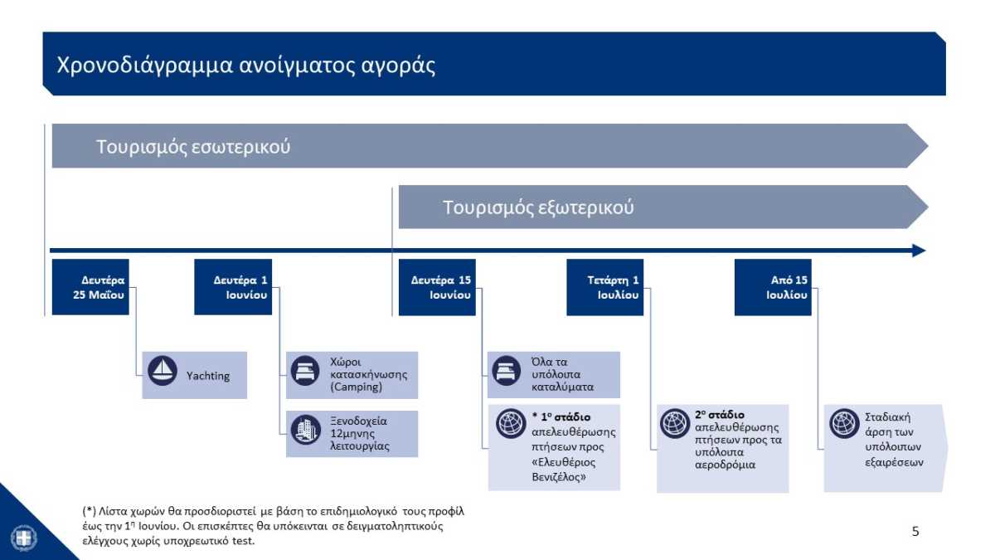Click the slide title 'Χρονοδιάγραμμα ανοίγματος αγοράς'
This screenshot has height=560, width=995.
(x=245, y=66)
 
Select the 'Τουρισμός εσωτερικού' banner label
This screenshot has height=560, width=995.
(x=193, y=147)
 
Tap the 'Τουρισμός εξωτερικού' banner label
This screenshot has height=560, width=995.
(x=538, y=207)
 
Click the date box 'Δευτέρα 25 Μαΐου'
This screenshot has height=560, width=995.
(x=90, y=287)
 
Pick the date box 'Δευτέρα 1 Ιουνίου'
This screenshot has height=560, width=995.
(x=233, y=287)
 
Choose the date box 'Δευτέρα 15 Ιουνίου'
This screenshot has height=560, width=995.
(x=437, y=287)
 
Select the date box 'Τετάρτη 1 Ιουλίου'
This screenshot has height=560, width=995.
(x=605, y=287)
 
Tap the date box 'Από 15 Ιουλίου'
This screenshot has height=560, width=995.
(x=773, y=287)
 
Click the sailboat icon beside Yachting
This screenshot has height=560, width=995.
(x=163, y=371)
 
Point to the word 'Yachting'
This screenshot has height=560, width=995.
(x=208, y=376)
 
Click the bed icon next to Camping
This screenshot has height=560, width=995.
(x=305, y=371)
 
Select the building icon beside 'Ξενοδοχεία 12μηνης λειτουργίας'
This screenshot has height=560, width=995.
(x=306, y=430)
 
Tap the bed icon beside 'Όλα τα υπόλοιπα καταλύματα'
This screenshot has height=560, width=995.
(x=507, y=371)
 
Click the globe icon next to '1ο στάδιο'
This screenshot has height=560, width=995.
(x=511, y=424)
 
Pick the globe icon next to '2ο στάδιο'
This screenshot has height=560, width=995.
(x=675, y=424)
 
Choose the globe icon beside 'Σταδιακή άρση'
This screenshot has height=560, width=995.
(x=844, y=424)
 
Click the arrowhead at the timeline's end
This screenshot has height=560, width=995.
(x=919, y=251)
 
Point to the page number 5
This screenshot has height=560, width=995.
(x=915, y=531)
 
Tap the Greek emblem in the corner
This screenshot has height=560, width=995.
(x=23, y=538)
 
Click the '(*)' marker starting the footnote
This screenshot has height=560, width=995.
(x=90, y=511)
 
